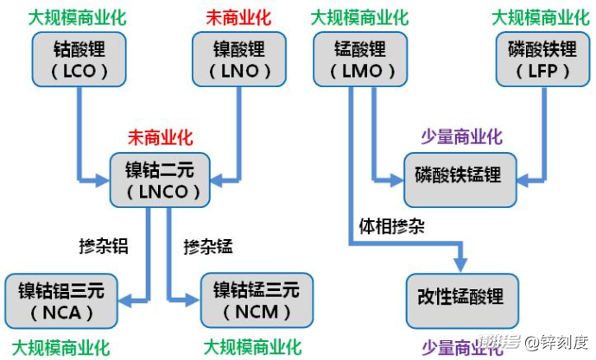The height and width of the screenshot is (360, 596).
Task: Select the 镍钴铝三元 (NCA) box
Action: [x=60, y=299]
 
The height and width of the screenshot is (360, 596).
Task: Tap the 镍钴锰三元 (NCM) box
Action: [x=256, y=299]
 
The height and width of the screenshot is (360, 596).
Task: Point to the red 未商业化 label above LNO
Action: [x=238, y=16]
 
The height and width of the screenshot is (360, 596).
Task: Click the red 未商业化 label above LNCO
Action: [x=161, y=137]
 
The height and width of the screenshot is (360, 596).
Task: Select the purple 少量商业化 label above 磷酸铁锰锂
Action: [x=461, y=137]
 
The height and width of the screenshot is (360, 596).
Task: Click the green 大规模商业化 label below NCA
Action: [x=60, y=347]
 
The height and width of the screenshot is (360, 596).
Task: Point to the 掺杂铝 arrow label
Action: [x=103, y=246]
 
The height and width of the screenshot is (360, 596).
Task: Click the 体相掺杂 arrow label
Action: [x=391, y=227]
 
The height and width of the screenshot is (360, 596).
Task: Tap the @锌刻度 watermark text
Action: [x=557, y=344]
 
